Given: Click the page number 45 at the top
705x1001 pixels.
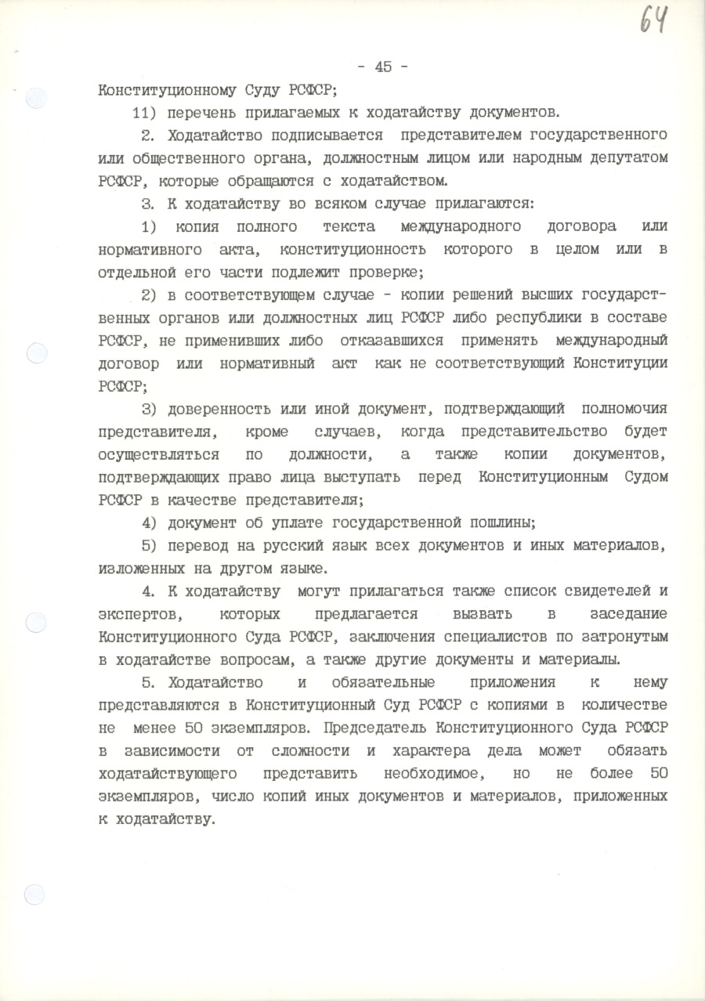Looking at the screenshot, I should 383,67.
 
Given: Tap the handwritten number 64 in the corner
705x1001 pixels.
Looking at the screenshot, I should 653,19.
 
